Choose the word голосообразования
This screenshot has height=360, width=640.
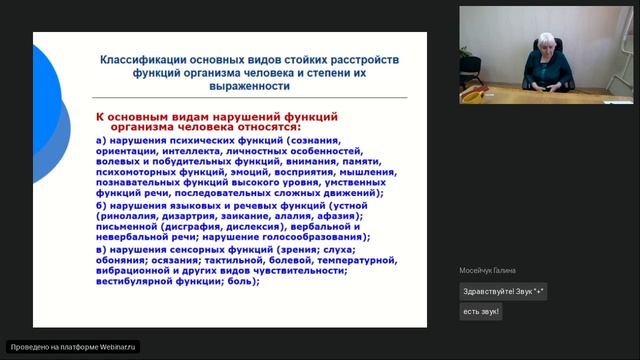point(313,237)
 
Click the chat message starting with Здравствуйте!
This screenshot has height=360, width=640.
point(504,292)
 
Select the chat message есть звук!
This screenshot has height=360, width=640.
point(481,311)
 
